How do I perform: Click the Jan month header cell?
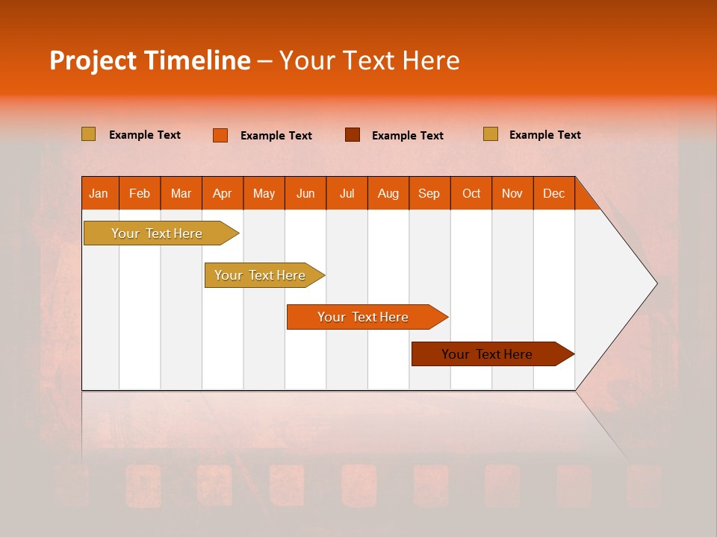point(99,193)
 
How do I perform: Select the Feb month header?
point(140,193)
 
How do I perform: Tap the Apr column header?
point(222,193)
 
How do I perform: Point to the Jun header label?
point(305,193)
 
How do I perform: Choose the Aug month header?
point(388,193)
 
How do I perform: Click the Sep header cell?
point(429,193)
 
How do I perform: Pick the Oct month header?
point(471,193)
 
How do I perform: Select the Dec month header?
point(553,193)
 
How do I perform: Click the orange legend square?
point(220,135)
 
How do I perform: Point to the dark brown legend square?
point(353,135)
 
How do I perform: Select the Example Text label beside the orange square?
point(276,136)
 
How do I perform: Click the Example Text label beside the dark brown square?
point(408,136)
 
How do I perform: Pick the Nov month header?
point(512,193)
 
